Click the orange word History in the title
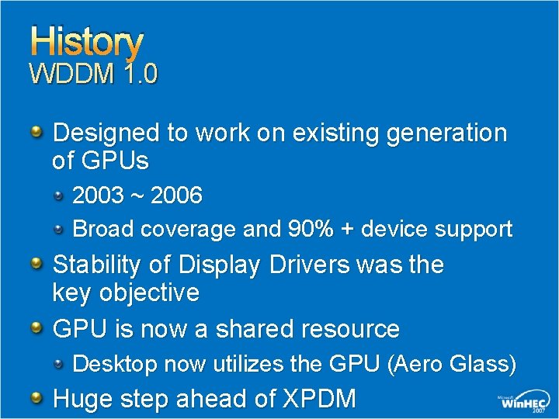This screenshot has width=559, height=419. tap(86, 43)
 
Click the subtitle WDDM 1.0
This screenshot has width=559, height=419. tap(93, 74)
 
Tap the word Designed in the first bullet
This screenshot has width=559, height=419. tap(106, 133)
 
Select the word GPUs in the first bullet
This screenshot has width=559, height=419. tap(120, 161)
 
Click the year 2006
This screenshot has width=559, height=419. tap(176, 196)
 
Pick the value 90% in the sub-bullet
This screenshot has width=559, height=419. tap(308, 230)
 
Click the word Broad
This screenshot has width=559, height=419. tap(101, 230)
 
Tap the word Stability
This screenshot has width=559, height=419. tap(97, 265)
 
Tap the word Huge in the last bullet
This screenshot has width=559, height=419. tap(82, 399)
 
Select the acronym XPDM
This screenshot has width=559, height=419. tap(319, 399)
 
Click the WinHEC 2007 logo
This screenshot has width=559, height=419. tap(524, 402)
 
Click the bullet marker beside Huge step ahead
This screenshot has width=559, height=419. tap(37, 398)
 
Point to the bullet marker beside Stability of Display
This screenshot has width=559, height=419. tap(37, 265)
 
